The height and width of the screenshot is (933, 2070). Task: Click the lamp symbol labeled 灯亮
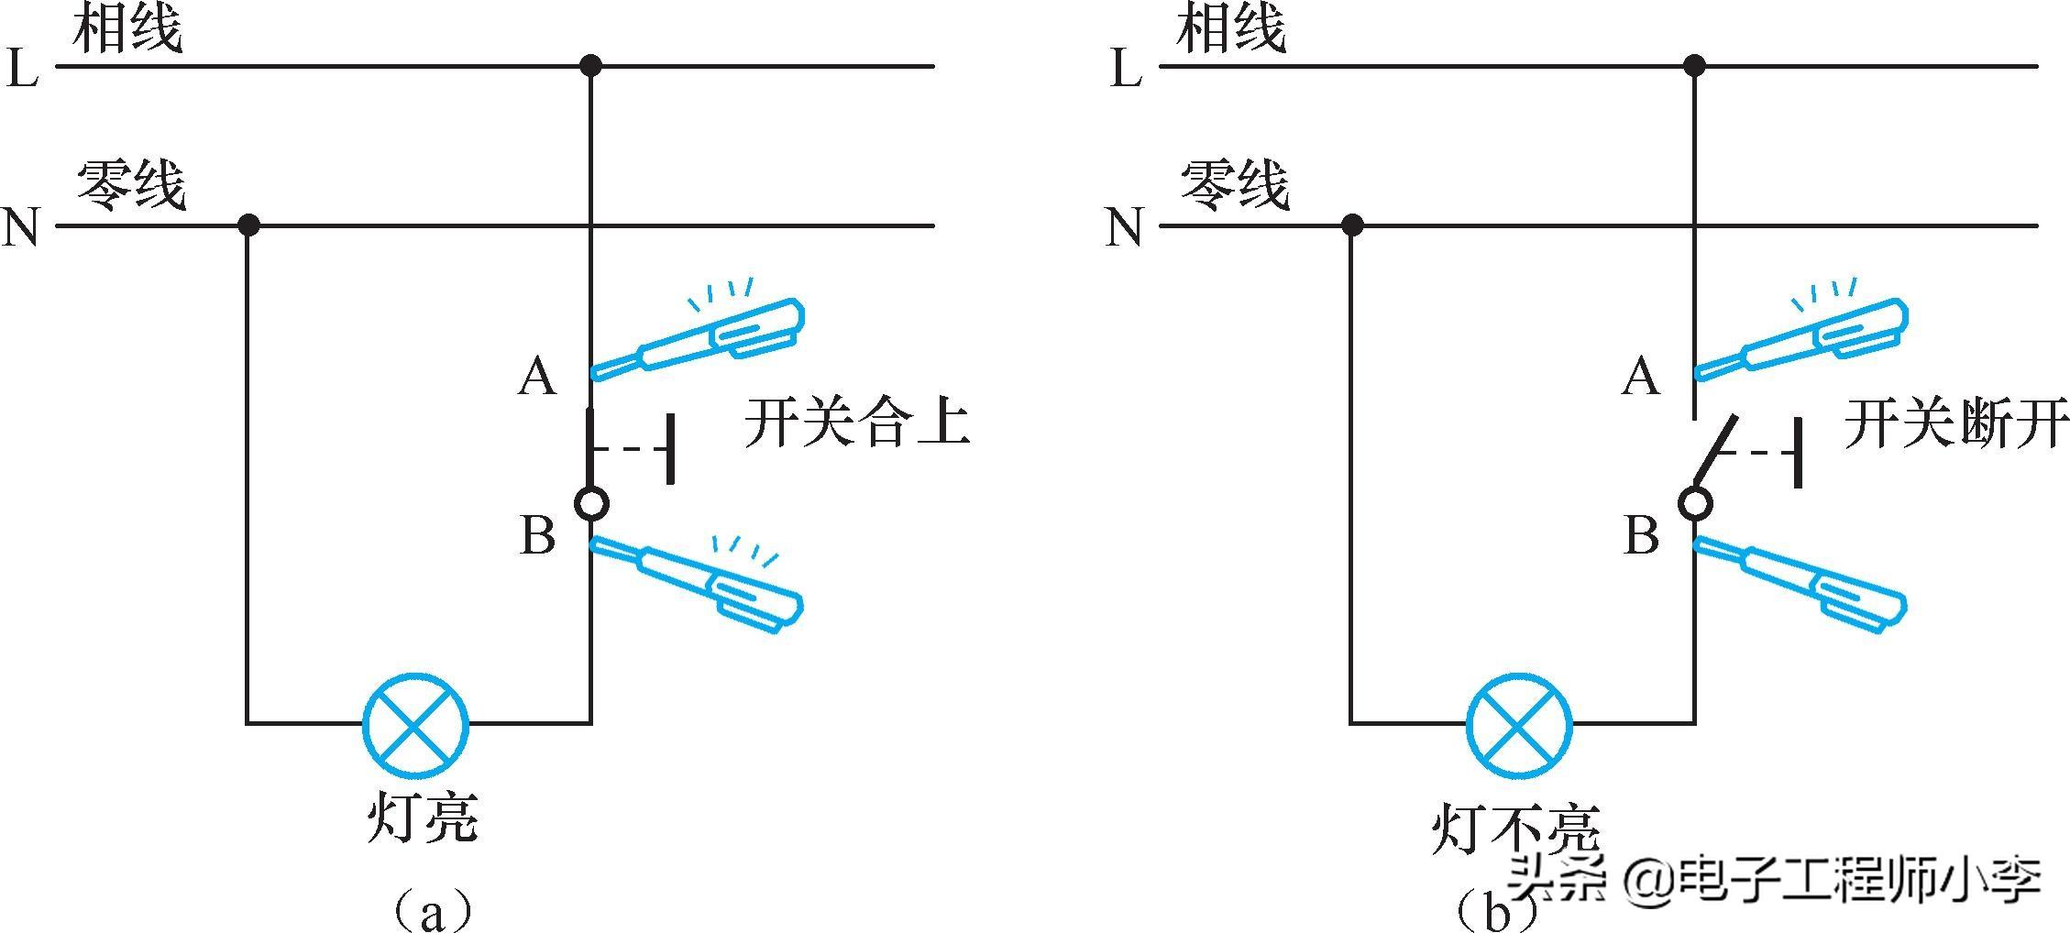click(x=416, y=725)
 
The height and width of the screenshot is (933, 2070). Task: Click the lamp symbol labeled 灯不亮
click(x=1519, y=725)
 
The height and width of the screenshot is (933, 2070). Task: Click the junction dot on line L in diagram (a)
click(x=591, y=66)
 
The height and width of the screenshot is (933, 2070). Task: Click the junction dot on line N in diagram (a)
click(x=248, y=225)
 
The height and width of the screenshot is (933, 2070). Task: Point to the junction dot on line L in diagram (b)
click(x=1694, y=66)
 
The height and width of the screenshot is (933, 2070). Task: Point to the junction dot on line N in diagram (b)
click(x=1351, y=225)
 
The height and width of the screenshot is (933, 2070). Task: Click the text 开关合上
click(x=856, y=423)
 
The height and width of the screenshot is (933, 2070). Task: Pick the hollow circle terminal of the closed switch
click(x=591, y=503)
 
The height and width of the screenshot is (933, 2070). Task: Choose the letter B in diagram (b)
click(x=1641, y=535)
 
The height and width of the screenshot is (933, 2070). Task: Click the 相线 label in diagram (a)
click(x=127, y=29)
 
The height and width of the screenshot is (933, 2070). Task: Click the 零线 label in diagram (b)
click(x=1234, y=187)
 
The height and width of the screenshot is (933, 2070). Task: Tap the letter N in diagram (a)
click(x=21, y=227)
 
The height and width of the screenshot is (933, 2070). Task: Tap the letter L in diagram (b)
click(x=1126, y=69)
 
